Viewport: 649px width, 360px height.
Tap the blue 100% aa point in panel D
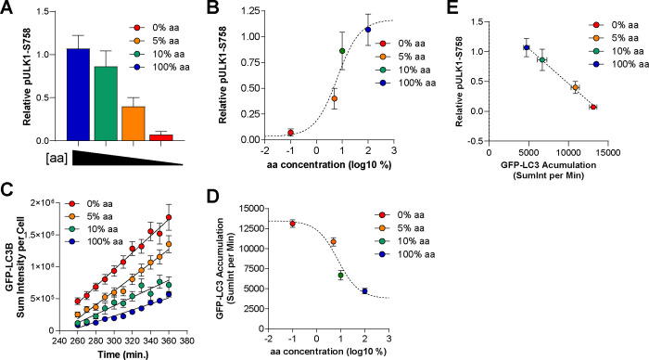pos(365,290)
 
